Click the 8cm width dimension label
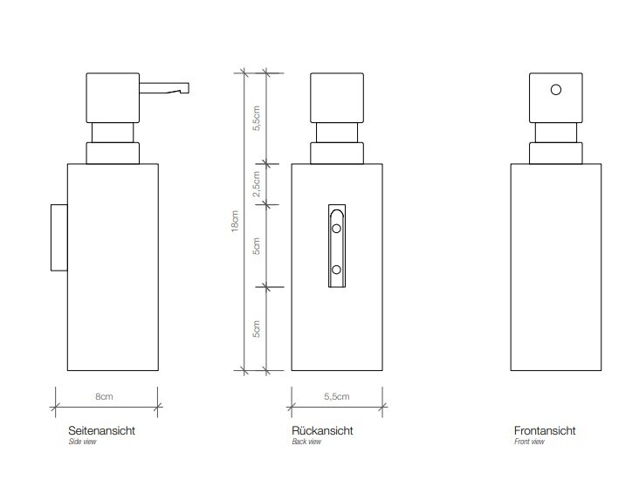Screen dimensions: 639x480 pos(104,396)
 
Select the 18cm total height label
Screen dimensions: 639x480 pos(235,222)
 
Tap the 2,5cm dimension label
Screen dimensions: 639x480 pos(256,184)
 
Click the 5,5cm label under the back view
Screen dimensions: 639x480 pos(337,396)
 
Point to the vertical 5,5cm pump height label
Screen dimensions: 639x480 pos(256,118)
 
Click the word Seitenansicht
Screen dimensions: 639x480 pos(101,431)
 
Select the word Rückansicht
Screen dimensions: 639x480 pos(322,431)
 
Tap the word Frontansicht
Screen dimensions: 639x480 pos(545,431)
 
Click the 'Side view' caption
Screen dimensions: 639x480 pos(82,442)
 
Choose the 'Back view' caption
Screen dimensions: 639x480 pos(306,442)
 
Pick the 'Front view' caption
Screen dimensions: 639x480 pos(529,442)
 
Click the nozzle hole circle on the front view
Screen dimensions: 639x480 pos(556,90)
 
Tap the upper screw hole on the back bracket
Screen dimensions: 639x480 pos(336,228)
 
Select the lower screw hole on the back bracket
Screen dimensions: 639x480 pos(336,270)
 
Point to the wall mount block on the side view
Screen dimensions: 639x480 pos(59,237)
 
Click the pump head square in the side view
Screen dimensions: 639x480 pos(113,98)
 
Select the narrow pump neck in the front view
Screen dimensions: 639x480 pos(556,133)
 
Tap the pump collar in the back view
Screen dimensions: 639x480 pos(337,154)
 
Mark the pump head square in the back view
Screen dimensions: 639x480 pos(337,98)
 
